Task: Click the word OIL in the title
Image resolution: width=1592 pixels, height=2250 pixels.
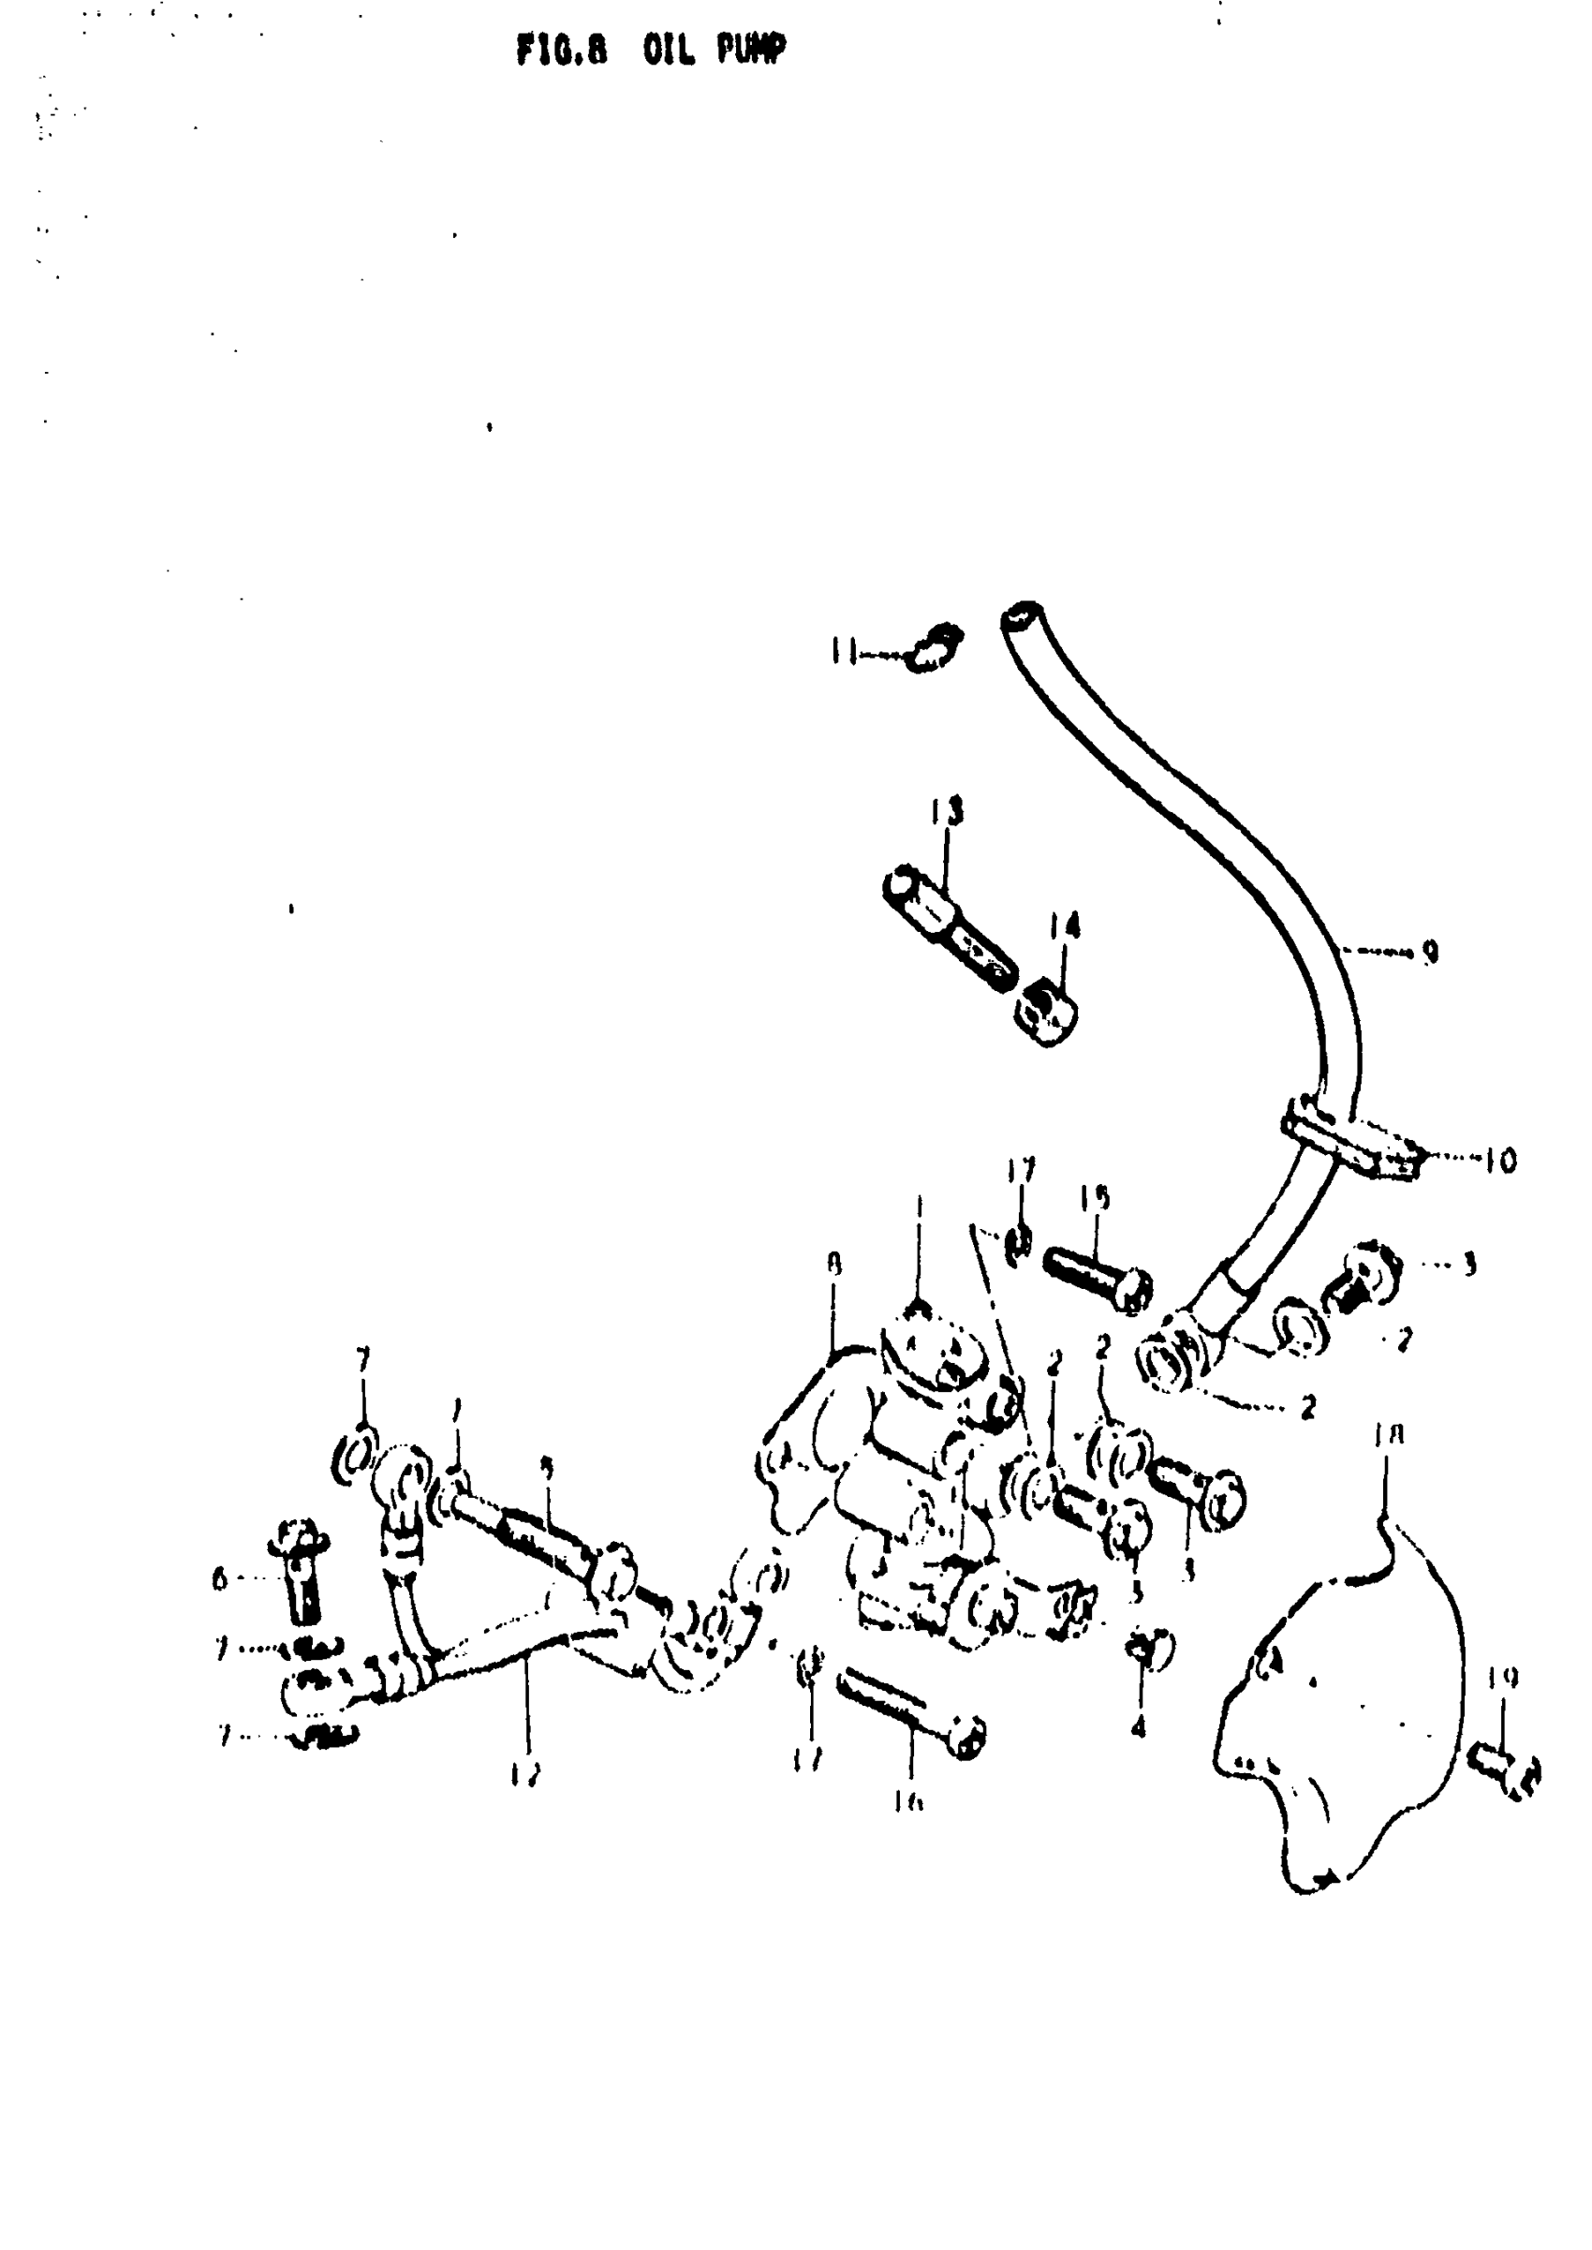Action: click(x=669, y=50)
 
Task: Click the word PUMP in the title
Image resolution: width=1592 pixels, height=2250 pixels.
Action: click(x=750, y=50)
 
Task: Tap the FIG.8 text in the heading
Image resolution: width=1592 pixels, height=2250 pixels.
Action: click(x=561, y=50)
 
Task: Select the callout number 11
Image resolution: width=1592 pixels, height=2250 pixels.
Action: click(x=842, y=651)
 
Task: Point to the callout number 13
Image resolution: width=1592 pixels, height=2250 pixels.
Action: click(x=946, y=811)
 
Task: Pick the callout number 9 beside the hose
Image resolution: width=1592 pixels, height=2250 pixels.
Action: click(x=1430, y=951)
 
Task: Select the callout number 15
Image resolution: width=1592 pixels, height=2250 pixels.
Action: click(x=1095, y=1198)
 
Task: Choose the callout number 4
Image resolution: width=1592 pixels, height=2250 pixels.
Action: click(x=1137, y=1727)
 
